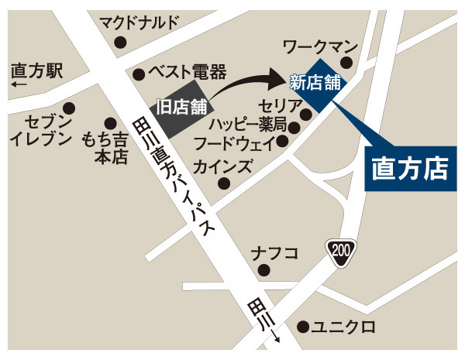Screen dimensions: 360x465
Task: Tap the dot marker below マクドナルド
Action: [120, 43]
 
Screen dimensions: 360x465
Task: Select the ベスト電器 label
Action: [186, 74]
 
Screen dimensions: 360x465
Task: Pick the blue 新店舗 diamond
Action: [317, 81]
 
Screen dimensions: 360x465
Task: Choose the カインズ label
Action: [223, 166]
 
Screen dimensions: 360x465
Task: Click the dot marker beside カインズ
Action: [224, 183]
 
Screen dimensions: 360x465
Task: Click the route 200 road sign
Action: [339, 251]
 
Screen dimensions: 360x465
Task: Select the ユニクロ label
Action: [341, 327]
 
